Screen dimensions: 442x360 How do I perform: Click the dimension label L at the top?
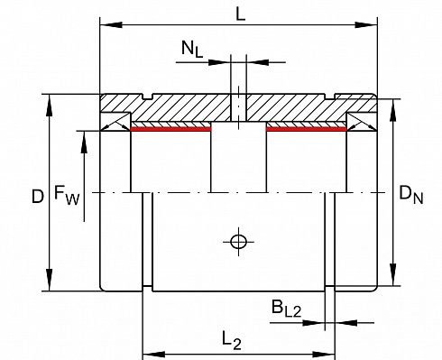240,14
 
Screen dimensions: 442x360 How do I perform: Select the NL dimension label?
192,49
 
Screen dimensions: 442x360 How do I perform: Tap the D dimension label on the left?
38,197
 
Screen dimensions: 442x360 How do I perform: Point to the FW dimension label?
67,195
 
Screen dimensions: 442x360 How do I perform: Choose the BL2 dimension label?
286,309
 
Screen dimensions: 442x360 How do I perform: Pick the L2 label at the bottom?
232,340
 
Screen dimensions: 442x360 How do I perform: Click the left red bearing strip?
171,129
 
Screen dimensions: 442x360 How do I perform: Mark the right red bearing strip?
307,129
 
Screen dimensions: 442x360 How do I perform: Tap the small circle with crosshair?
239,242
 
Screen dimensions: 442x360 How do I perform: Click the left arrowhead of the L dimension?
111,24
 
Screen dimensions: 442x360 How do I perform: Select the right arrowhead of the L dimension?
366,24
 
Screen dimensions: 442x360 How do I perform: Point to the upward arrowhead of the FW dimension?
84,143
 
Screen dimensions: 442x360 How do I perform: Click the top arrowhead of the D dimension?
50,105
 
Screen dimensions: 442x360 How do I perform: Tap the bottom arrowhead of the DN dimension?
392,274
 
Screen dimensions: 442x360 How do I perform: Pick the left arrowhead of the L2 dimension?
153,354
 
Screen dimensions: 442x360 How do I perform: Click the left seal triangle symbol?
115,122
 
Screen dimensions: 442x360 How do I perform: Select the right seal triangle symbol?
362,122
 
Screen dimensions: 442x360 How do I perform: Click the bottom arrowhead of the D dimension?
50,280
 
